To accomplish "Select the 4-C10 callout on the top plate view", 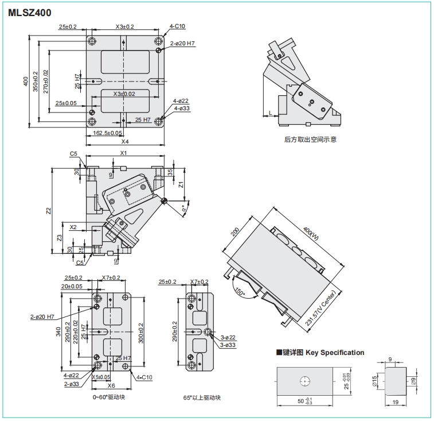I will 178,26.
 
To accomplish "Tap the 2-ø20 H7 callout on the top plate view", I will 183,43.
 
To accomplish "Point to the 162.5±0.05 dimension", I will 108,133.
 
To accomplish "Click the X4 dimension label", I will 125,141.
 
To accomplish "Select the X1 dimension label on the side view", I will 123,153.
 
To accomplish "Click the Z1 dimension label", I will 181,185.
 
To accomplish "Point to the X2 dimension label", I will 73,227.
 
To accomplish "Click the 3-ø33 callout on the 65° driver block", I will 228,344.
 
